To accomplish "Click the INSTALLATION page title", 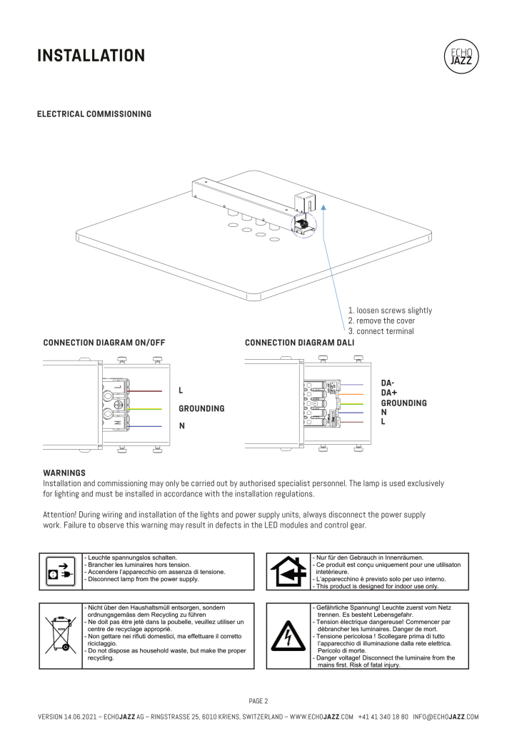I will (x=91, y=56).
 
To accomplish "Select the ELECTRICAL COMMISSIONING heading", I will (x=94, y=114).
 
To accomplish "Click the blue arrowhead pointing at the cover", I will (x=323, y=205).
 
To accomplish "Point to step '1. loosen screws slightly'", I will (x=390, y=311).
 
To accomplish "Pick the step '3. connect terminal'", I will (x=381, y=331).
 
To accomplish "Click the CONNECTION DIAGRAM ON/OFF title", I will (x=104, y=343).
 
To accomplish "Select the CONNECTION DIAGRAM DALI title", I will (x=299, y=343).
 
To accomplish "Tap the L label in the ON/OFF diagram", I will (x=181, y=391).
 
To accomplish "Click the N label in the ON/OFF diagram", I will (x=181, y=426).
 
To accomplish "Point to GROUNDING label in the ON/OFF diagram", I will (x=201, y=409).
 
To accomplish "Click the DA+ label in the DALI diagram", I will (x=389, y=393).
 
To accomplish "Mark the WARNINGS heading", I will (x=64, y=473).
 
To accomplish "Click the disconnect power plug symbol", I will (x=59, y=571).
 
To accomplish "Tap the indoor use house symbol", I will (x=288, y=571).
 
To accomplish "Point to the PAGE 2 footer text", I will (x=258, y=701).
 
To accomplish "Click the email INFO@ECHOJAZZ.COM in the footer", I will (x=446, y=717).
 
